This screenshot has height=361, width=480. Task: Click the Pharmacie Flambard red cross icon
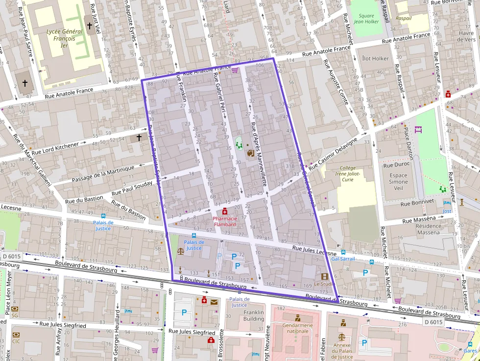pos(224,211)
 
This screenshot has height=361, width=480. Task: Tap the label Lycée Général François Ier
pos(57,38)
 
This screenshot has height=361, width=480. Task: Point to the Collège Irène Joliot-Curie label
pos(348,173)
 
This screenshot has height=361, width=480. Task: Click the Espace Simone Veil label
pos(398,181)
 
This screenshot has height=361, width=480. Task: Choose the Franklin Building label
pos(254,315)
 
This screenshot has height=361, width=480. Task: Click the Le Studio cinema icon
pos(324,276)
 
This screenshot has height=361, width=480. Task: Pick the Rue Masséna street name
pos(419,220)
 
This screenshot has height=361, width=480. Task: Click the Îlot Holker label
pos(375,58)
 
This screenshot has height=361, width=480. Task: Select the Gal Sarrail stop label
pos(343,258)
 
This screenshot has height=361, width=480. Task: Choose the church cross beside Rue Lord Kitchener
pos(139,138)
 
